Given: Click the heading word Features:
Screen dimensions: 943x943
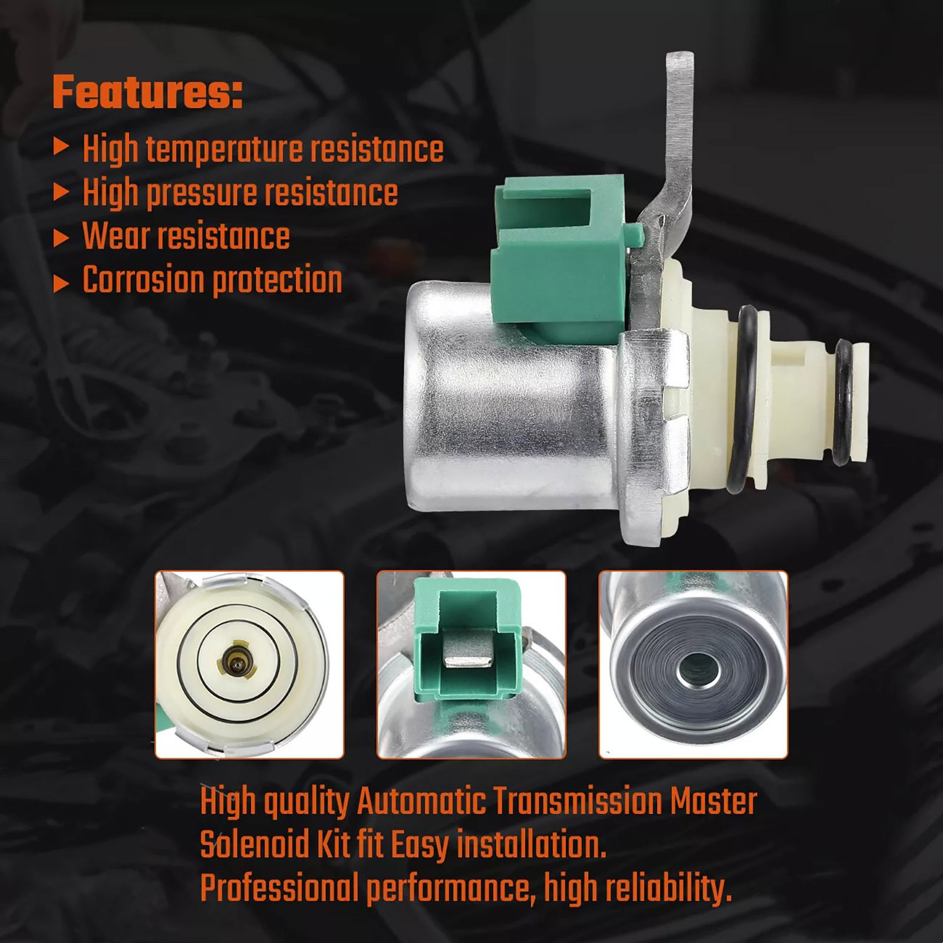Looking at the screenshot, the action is tap(148, 92).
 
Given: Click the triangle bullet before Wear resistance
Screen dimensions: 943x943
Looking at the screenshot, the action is tap(61, 238).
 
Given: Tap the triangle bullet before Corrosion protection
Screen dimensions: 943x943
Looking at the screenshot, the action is tap(61, 283).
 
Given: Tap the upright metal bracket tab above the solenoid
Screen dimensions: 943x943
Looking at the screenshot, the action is tap(672, 177).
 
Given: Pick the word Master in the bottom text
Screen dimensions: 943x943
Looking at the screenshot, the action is tap(714, 802).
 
